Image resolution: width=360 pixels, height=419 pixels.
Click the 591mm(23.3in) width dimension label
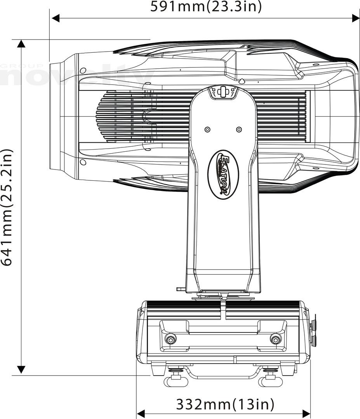point(206,7)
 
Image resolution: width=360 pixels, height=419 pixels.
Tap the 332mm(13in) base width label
point(225,404)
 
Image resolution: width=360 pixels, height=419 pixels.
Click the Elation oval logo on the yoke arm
point(224,175)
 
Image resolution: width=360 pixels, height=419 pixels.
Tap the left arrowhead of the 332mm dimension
point(141,414)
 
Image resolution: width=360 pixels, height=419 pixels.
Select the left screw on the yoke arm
point(207,129)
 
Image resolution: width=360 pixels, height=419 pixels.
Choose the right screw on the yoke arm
point(239,129)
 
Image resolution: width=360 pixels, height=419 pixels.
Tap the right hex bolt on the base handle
point(275,340)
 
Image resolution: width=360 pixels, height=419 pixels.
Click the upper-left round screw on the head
point(83,70)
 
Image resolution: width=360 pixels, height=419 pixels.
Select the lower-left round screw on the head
point(83,162)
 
